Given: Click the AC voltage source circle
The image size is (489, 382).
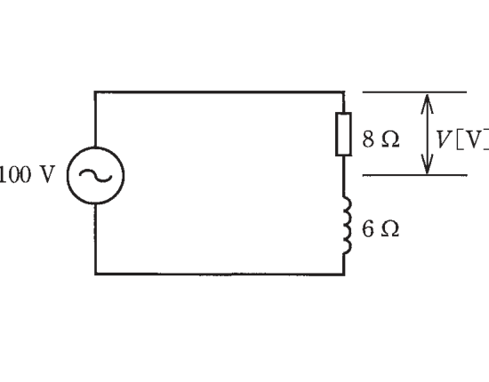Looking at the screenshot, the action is [68, 175].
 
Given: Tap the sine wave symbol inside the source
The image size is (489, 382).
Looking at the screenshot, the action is [95, 176].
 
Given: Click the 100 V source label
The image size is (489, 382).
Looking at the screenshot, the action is [27, 174].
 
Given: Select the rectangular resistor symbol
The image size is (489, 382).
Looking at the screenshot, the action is [344, 134].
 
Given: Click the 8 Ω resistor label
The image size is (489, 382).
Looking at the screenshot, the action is [381, 139].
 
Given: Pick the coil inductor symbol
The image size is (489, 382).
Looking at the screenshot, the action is [348, 225].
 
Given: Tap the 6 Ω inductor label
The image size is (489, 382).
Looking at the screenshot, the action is [381, 229].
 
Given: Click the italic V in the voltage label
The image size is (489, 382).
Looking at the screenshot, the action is [443, 139].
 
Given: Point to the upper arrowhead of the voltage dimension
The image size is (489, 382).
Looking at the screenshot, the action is [427, 103].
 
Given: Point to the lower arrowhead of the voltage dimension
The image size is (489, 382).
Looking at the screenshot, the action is [427, 164].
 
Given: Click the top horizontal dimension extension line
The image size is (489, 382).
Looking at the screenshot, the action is [414, 92].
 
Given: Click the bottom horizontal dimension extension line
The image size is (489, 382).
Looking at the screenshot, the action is [414, 175].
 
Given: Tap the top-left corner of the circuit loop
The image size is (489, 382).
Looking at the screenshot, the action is [95, 92].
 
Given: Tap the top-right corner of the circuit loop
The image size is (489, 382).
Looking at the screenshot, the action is [344, 92].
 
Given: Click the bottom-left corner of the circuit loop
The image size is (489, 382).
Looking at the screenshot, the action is [95, 275].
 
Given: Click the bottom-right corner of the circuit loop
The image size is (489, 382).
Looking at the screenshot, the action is [344, 275].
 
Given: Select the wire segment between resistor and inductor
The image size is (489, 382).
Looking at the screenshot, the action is [344, 176].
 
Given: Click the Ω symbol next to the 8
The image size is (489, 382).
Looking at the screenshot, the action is [390, 139].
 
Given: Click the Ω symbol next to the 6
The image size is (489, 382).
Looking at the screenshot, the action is [390, 229].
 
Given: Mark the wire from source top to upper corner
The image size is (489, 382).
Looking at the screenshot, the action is [95, 119].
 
